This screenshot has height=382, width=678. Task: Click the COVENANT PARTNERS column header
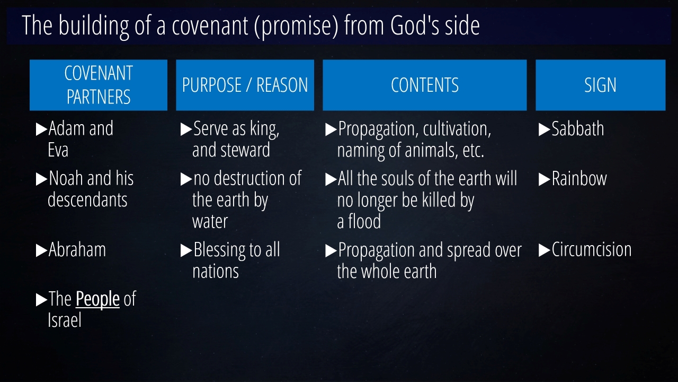pos(99,85)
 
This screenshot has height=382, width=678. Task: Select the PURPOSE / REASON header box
pos(245,85)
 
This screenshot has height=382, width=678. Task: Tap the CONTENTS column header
pos(425,85)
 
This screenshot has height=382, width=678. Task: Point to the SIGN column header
pos(601,85)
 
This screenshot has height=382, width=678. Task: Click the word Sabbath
pos(577,128)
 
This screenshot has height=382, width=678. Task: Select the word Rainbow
pos(579,178)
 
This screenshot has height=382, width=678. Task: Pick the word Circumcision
pos(592,249)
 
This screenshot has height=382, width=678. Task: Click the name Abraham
pos(77,249)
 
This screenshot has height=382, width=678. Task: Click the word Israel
pos(65,320)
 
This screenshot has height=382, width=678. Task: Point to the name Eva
pos(58,150)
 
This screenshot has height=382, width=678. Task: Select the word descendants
pos(87,200)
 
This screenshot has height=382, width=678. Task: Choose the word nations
pos(216,271)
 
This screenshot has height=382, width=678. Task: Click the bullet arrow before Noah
pos(41,179)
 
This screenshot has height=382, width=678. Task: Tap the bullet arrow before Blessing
pos(186,250)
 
